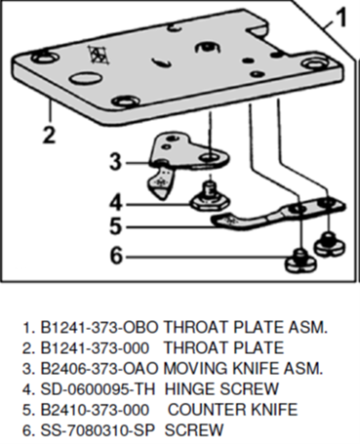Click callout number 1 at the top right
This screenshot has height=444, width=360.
click(341, 16)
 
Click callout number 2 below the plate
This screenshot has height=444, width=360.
click(49, 135)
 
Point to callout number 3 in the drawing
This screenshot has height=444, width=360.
click(116, 162)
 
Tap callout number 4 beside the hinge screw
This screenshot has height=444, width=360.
click(116, 202)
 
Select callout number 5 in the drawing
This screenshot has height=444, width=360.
click(116, 226)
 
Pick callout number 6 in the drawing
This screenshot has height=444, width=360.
click(116, 255)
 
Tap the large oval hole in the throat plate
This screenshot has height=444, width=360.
click(85, 78)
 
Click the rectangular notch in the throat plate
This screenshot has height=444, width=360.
click(255, 30)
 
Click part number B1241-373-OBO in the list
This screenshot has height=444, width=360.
click(100, 327)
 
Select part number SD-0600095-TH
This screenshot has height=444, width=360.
click(98, 388)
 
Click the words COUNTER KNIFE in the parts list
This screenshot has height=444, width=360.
click(232, 409)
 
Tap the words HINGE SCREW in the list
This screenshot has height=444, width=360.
click(222, 388)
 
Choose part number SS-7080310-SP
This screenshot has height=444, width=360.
click(98, 430)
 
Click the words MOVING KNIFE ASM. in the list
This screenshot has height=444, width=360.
click(243, 368)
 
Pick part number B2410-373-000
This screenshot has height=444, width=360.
click(95, 409)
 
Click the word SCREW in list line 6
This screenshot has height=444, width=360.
click(194, 430)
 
